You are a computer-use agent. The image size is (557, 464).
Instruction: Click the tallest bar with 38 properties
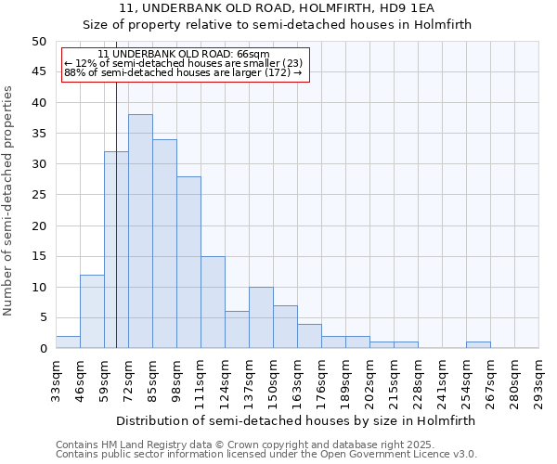pyautogui.click(x=140, y=231)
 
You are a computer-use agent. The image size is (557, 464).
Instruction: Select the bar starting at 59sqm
pyautogui.click(x=116, y=250)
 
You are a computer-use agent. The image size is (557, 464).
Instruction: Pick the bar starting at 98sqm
pyautogui.click(x=188, y=262)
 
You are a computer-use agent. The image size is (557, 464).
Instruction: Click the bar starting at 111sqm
pyautogui.click(x=213, y=302)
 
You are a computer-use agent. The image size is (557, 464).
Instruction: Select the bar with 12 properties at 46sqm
pyautogui.click(x=92, y=311)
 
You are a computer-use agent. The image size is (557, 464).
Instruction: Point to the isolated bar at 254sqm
pyautogui.click(x=478, y=345)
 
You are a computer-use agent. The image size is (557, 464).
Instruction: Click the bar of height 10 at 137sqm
pyautogui.click(x=261, y=317)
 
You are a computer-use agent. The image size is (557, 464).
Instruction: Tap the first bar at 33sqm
pyautogui.click(x=68, y=342)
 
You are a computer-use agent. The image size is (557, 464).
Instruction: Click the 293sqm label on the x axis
pyautogui.click(x=539, y=381)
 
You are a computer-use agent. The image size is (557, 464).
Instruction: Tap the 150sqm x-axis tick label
pyautogui.click(x=274, y=381)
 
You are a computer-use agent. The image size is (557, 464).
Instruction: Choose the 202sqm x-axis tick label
pyautogui.click(x=370, y=381)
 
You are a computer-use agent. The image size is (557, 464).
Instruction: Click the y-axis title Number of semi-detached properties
pyautogui.click(x=9, y=200)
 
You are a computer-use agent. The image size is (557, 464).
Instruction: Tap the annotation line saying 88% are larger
pyautogui.click(x=183, y=72)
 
